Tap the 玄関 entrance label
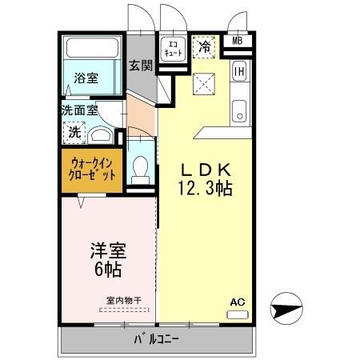point(142,66)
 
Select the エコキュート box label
point(173,47)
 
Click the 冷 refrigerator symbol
point(204,47)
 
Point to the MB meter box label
point(238,42)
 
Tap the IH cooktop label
point(238,71)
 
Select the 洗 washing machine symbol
point(74,131)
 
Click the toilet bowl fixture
point(142,169)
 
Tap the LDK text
point(204,170)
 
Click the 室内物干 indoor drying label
point(120,301)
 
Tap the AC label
point(237,302)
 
